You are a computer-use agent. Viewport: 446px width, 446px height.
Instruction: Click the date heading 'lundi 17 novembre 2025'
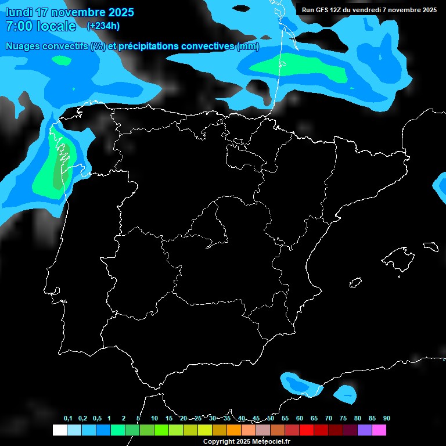(70, 12)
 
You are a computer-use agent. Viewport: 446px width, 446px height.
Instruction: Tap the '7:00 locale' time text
(41, 26)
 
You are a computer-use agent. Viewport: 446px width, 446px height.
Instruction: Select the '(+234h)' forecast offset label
(103, 26)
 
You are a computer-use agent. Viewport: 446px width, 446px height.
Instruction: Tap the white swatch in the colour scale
(59, 430)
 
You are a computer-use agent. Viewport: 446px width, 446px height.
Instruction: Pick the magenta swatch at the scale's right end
(379, 430)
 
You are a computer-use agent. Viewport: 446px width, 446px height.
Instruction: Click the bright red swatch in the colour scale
(307, 430)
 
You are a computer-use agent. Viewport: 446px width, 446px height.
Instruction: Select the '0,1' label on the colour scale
(68, 419)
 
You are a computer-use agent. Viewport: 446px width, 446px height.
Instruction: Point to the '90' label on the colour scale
(386, 419)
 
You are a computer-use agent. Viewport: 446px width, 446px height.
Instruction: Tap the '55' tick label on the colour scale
(285, 419)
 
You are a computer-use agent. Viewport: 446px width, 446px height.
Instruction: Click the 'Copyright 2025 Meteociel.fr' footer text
(246, 441)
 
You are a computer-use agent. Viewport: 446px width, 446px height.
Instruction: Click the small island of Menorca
(430, 246)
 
